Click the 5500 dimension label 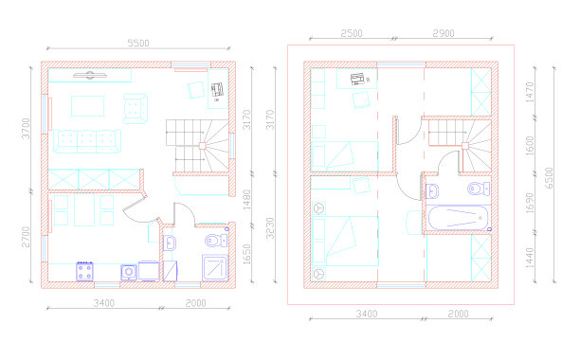pyautogui.click(x=138, y=43)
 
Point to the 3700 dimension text pyautogui.click(x=26, y=129)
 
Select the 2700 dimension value pyautogui.click(x=26, y=237)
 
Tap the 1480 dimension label pyautogui.click(x=246, y=200)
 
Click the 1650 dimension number pyautogui.click(x=246, y=254)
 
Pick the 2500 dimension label pyautogui.click(x=352, y=33)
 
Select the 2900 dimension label pyautogui.click(x=444, y=33)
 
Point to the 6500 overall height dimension pyautogui.click(x=550, y=178)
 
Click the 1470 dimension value pyautogui.click(x=530, y=93)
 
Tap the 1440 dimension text pyautogui.click(x=530, y=258)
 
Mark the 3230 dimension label pyautogui.click(x=270, y=228)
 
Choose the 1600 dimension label pyautogui.click(x=530, y=146)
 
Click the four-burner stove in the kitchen pyautogui.click(x=84, y=271)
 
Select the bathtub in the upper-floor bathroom pyautogui.click(x=458, y=218)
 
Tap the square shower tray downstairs pyautogui.click(x=215, y=267)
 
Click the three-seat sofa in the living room pyautogui.click(x=87, y=141)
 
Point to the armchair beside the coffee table pyautogui.click(x=136, y=108)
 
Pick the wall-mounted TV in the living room pyautogui.click(x=90, y=76)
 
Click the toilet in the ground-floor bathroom pyautogui.click(x=216, y=241)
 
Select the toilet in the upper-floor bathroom pyautogui.click(x=479, y=189)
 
